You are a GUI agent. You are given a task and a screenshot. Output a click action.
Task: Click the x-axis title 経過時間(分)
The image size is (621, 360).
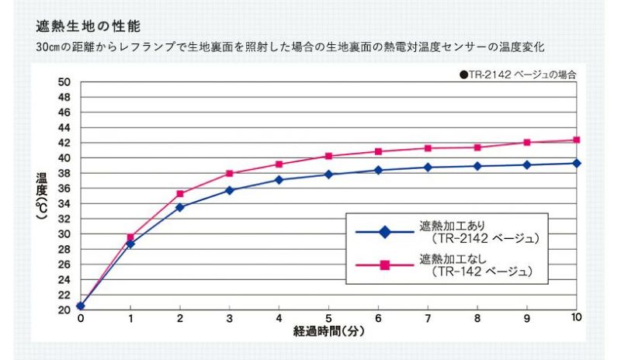pyautogui.click(x=328, y=331)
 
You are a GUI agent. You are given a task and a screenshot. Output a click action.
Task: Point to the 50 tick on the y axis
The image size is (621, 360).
pyautogui.click(x=64, y=82)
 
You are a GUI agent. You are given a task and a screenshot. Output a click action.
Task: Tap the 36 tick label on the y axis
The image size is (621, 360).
pyautogui.click(x=64, y=189)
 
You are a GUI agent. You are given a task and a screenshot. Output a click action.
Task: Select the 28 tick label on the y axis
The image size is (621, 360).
pyautogui.click(x=64, y=249)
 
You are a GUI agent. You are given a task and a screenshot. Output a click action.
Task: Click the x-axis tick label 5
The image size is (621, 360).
pyautogui.click(x=328, y=318)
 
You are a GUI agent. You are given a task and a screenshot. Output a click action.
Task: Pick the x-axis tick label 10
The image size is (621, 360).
pyautogui.click(x=576, y=318)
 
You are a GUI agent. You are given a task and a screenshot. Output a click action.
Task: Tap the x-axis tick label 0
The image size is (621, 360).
pyautogui.click(x=81, y=318)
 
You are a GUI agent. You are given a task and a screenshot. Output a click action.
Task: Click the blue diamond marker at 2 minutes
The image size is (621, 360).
pyautogui.click(x=180, y=207)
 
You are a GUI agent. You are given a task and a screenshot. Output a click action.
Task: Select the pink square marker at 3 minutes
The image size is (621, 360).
pyautogui.click(x=230, y=173)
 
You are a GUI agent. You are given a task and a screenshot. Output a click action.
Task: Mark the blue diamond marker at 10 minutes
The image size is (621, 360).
pyautogui.click(x=577, y=163)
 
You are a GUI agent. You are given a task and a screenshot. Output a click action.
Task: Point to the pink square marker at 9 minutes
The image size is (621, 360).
pyautogui.click(x=527, y=143)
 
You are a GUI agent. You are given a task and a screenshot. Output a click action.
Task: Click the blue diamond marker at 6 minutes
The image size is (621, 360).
pyautogui.click(x=378, y=170)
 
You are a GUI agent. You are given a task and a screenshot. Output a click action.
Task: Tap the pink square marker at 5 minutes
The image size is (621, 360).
pyautogui.click(x=328, y=156)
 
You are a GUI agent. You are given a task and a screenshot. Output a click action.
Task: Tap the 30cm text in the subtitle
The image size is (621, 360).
pyautogui.click(x=48, y=48)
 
